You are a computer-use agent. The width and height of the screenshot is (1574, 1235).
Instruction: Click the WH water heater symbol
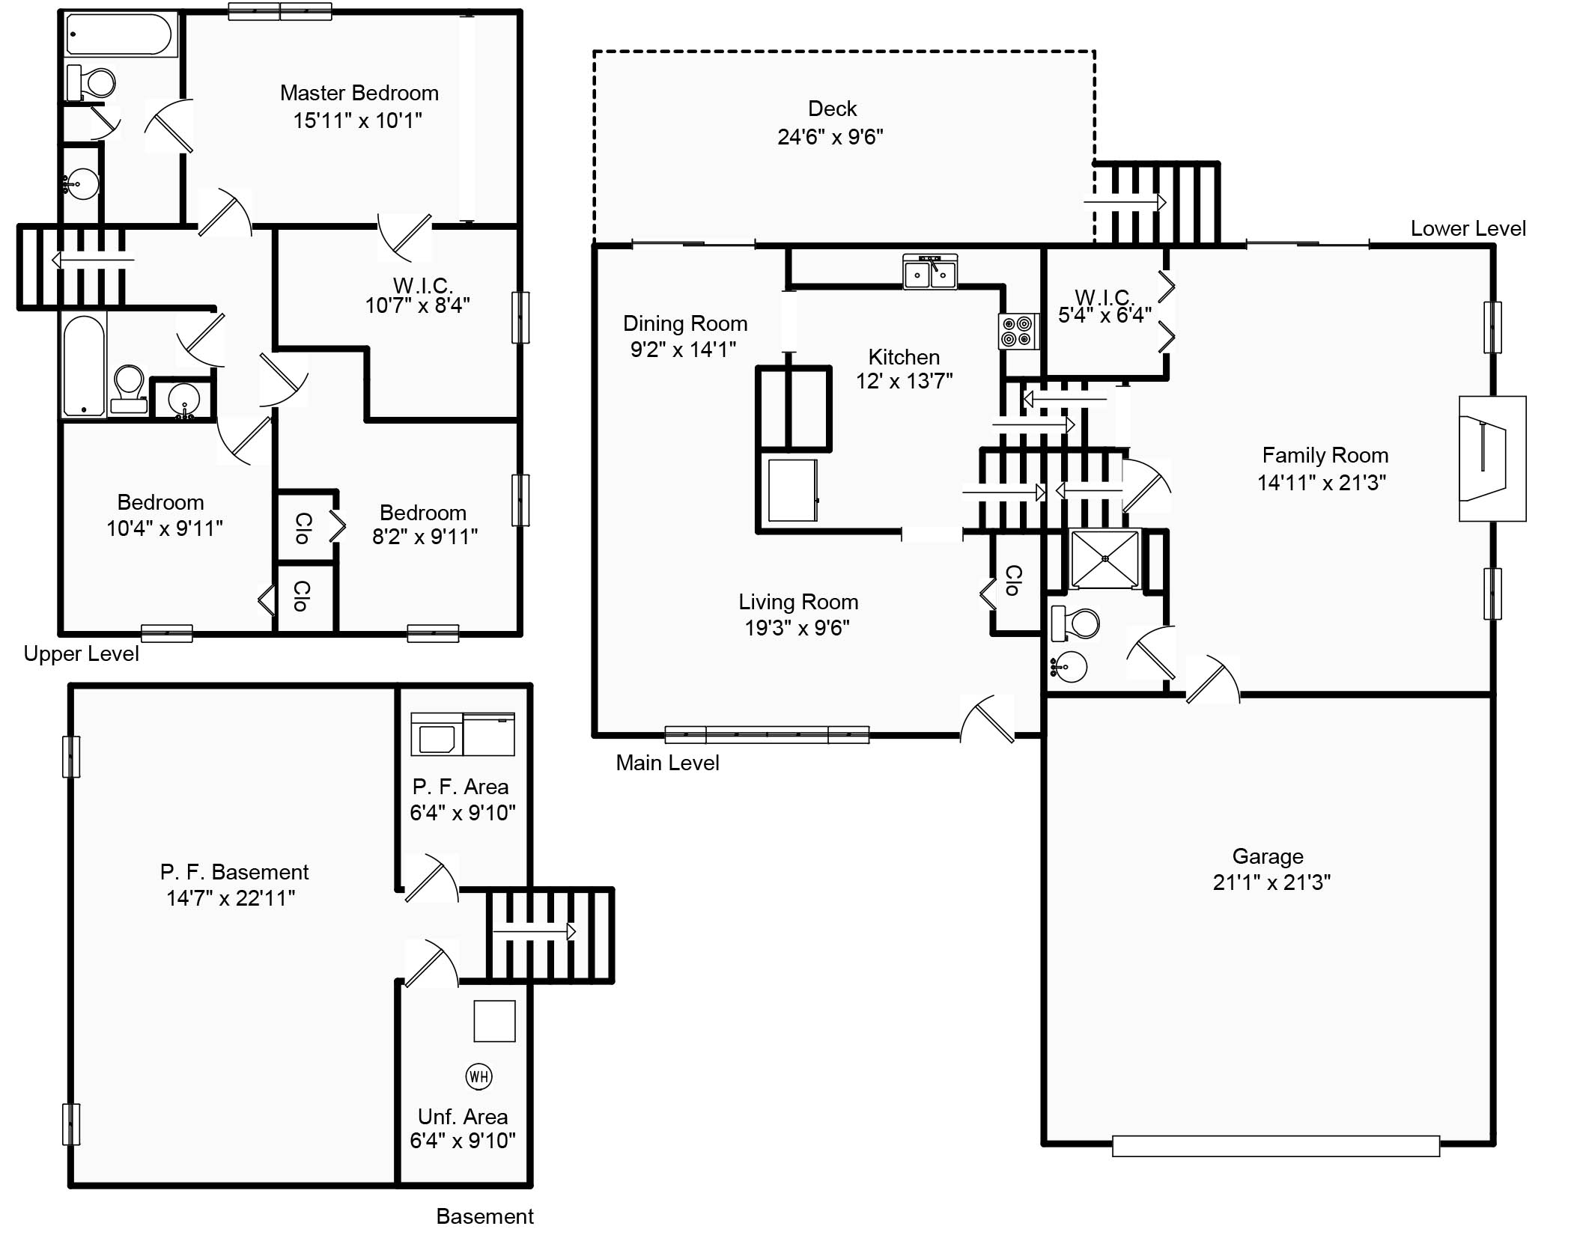click(x=478, y=1077)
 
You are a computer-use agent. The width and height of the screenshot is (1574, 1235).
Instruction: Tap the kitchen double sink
click(x=929, y=272)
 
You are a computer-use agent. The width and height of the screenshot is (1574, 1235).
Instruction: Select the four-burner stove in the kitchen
click(x=1018, y=332)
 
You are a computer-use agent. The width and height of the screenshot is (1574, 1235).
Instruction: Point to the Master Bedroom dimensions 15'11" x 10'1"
click(x=357, y=121)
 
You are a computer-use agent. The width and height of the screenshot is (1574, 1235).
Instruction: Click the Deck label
click(x=832, y=109)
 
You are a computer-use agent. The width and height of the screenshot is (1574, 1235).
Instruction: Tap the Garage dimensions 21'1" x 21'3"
click(x=1271, y=882)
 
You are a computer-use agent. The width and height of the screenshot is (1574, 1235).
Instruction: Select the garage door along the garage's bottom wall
click(x=1275, y=1146)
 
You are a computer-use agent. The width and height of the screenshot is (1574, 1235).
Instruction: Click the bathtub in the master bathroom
click(x=120, y=34)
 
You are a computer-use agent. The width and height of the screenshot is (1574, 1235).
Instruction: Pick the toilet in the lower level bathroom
click(x=1075, y=623)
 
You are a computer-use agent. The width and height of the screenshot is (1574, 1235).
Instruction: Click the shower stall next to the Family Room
click(x=1104, y=559)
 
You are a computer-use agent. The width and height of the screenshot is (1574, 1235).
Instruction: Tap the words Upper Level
click(x=81, y=654)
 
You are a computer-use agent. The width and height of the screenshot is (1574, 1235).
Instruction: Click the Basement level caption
click(x=484, y=1216)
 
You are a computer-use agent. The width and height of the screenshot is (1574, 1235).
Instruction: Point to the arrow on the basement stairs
click(x=534, y=932)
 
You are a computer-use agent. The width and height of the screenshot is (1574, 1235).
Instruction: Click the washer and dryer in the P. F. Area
click(x=462, y=734)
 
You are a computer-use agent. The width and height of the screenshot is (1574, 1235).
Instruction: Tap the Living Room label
click(x=797, y=602)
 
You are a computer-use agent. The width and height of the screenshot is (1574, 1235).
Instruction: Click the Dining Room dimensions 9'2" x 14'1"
click(x=683, y=350)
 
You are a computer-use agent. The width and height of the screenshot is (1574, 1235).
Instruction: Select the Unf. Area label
click(x=462, y=1117)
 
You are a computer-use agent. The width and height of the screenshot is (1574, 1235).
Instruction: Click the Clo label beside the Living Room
click(x=1012, y=580)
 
